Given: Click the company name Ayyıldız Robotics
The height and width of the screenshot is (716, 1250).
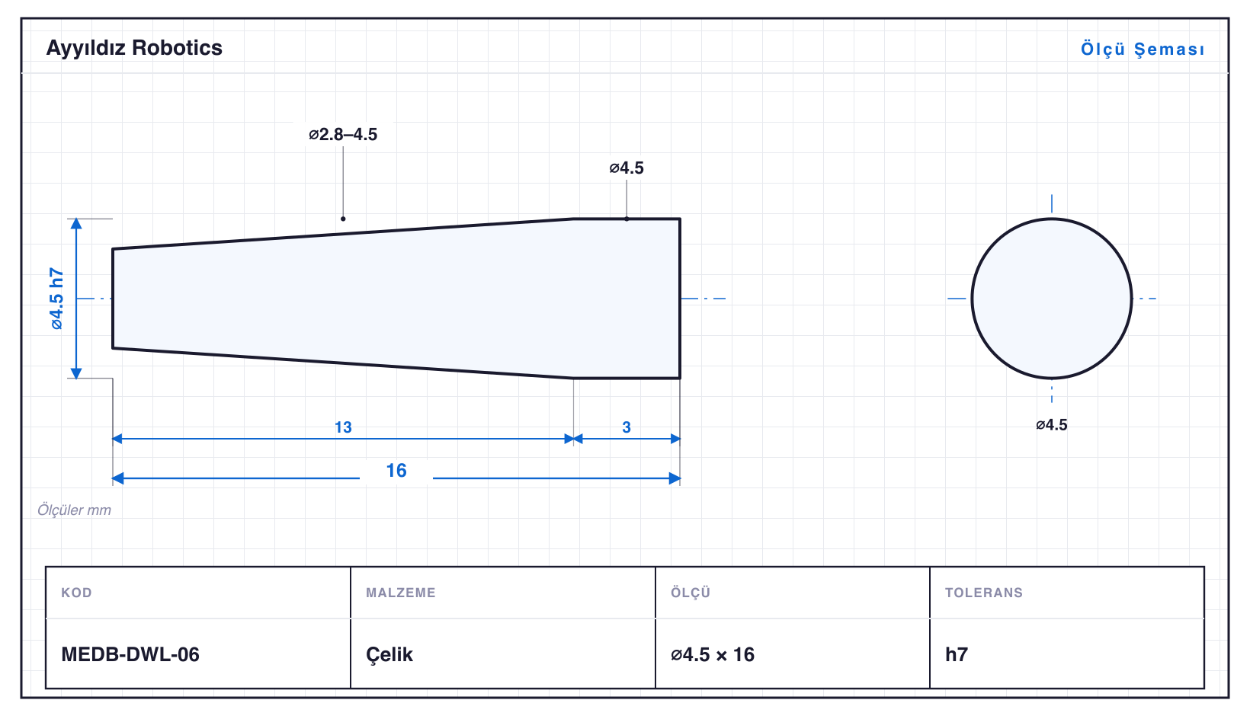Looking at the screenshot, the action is pos(134,49).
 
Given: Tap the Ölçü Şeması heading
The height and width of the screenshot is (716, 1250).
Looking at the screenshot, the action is pos(1143,49).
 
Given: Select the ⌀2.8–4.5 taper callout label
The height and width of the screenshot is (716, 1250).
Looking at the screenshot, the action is pos(343,134).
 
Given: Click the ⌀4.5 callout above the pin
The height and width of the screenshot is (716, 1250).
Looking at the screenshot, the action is pos(627,168).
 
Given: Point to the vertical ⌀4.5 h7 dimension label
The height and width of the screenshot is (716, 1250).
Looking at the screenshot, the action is pos(56,299).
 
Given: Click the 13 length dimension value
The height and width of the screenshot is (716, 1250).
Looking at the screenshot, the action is pos(343,427).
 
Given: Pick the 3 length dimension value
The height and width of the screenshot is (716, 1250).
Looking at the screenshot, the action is pos(627,427).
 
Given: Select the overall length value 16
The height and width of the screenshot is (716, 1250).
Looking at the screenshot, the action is pos(396,471).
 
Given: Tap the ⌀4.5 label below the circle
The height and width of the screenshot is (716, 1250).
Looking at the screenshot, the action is pos(1052,425).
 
